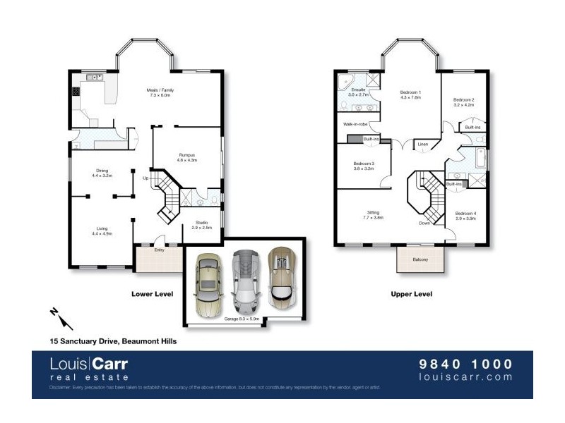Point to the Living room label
(102, 227)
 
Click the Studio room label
(202, 225)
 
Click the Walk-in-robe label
(355, 124)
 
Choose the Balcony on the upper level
(420, 260)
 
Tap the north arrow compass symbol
(59, 317)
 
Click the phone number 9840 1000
(466, 364)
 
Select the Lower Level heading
(153, 294)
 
